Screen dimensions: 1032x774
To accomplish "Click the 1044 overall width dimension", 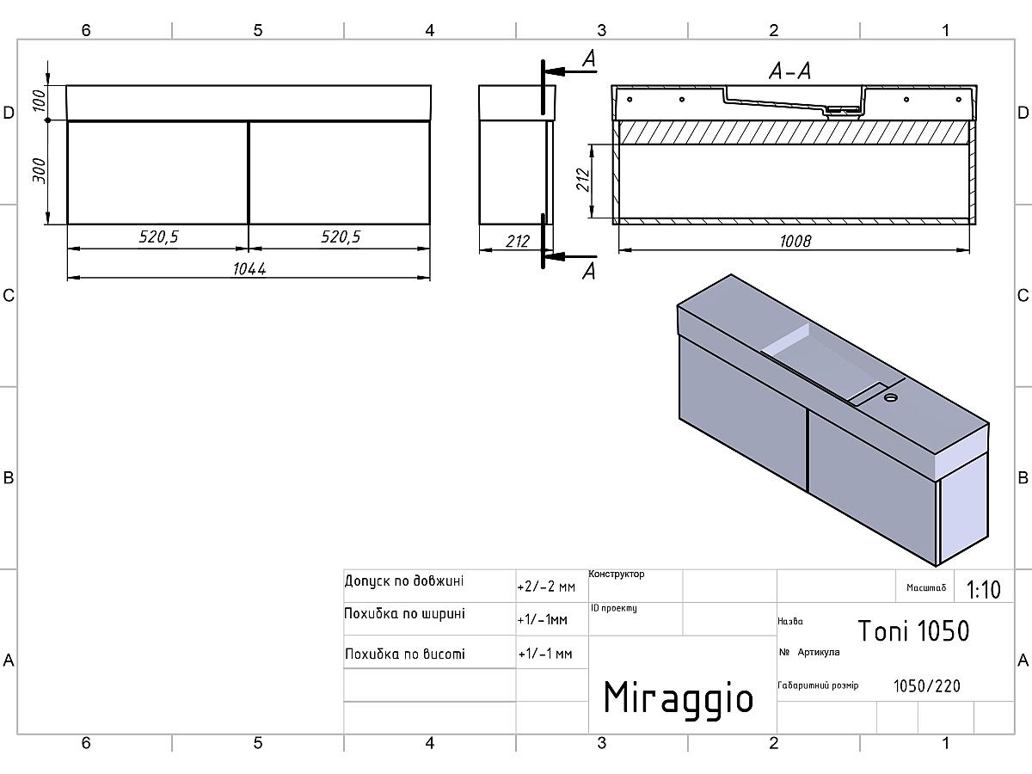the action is (x=249, y=269).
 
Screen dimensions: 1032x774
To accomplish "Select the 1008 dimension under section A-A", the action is (x=795, y=242).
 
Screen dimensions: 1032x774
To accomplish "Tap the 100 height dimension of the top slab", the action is (x=40, y=100).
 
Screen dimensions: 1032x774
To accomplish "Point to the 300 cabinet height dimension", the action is (x=40, y=170).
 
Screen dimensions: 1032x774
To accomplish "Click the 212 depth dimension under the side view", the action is (x=517, y=242).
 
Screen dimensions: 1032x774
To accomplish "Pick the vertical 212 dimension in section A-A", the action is (x=583, y=180).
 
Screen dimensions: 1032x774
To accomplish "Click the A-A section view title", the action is (x=789, y=71).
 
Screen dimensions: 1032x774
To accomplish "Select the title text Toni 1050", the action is (x=913, y=630).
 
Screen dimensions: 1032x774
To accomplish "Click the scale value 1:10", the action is (x=983, y=589).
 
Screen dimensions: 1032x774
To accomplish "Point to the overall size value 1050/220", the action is (x=927, y=686).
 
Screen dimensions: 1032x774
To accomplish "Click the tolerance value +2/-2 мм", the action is (x=546, y=587).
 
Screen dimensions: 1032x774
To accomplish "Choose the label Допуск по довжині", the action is (x=404, y=581).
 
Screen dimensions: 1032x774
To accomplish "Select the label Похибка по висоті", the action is (x=405, y=654).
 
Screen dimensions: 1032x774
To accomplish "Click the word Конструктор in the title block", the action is (x=617, y=574).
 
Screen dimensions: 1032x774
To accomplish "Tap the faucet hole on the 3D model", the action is (x=890, y=398).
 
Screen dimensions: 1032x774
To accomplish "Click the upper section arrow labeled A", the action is (x=570, y=71).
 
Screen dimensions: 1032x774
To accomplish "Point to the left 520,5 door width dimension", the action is (x=158, y=236).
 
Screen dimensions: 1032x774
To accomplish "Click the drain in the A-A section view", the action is (x=843, y=110).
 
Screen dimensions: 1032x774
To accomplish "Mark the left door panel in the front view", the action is (x=157, y=173).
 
